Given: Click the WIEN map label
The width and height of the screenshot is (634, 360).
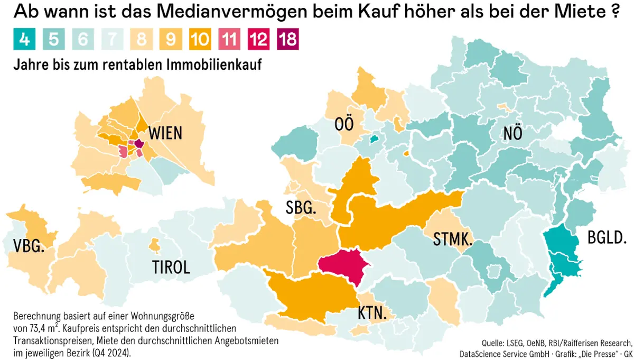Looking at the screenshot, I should point(165,133).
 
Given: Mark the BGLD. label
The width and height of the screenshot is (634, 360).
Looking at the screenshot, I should point(608,238).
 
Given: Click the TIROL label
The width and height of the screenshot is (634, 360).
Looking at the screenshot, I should point(171,267).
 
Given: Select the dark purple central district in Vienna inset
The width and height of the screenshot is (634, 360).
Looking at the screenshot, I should point(139,143).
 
